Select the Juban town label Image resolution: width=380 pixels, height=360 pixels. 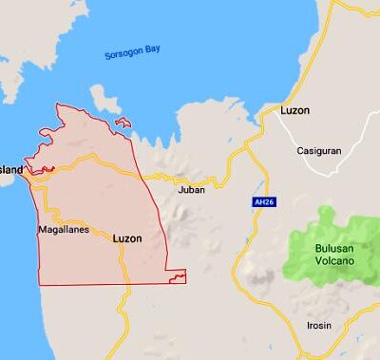(x=192, y=190)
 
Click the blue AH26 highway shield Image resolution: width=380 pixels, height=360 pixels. (x=263, y=202)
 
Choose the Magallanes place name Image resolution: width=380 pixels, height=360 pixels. (x=63, y=230)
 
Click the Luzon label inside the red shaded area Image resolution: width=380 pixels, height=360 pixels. (x=126, y=238)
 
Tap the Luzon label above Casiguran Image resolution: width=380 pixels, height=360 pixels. (x=295, y=110)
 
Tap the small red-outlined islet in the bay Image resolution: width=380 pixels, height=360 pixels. (x=122, y=123)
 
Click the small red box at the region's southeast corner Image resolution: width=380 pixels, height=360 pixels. (x=175, y=276)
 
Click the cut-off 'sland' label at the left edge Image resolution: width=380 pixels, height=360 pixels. (x=11, y=170)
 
